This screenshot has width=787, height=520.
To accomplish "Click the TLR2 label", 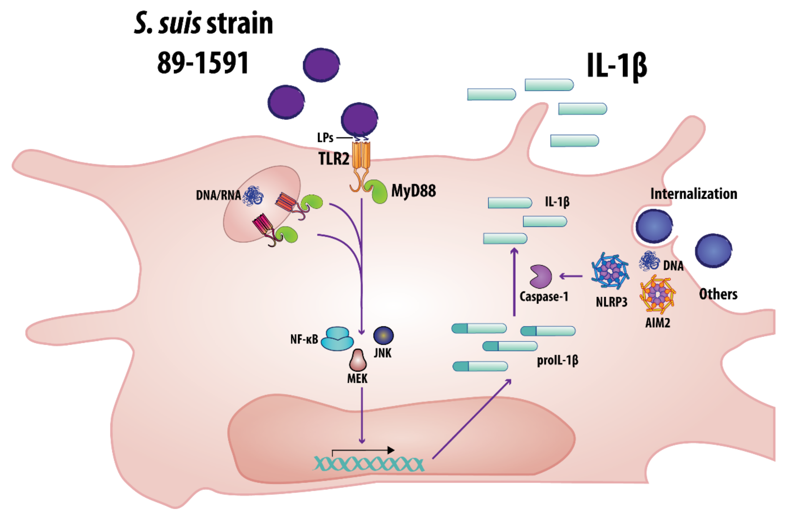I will coord(334,159).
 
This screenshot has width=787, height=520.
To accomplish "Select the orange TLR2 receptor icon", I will coord(361,156).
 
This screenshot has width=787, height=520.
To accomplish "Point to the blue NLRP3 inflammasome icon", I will coord(610,271).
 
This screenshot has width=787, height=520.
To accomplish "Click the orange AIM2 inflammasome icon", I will coord(657,294).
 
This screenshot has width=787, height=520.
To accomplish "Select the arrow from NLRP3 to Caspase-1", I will coord(571,276).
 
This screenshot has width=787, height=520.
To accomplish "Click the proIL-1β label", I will coord(557,360).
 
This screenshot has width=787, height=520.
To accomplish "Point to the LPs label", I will coord(325,138).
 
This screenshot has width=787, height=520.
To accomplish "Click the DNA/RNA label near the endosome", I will coord(218,195).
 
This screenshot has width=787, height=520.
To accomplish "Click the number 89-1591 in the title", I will coord(203,63).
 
